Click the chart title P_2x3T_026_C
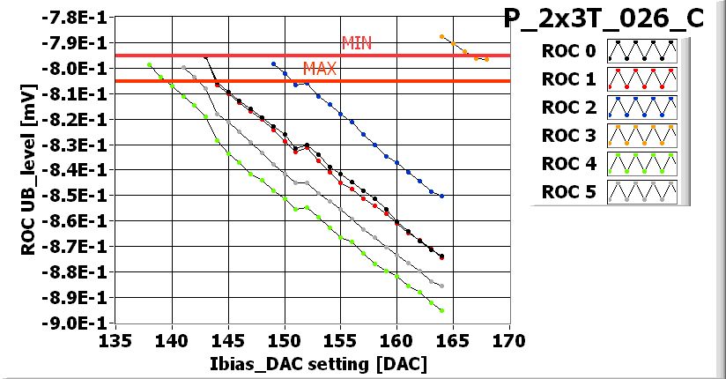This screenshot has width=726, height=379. (604, 19)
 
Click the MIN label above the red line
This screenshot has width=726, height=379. (357, 43)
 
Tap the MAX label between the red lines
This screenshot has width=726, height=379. (319, 68)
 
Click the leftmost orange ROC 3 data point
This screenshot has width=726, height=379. (441, 36)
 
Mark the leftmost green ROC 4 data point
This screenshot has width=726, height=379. (150, 64)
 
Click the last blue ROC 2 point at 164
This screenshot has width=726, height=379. (441, 196)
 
